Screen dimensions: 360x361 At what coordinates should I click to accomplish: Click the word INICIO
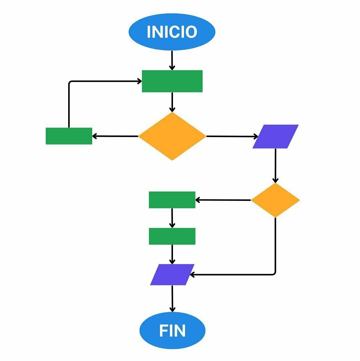pos(172,32)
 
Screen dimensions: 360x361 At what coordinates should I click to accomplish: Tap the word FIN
pos(172,331)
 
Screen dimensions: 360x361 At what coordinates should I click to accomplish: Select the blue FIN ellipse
pos(172,330)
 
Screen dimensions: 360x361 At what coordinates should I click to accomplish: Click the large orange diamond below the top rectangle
pos(172,136)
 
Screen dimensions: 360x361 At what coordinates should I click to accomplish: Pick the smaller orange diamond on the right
pos(276,200)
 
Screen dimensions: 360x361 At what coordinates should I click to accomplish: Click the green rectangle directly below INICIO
pos(172,81)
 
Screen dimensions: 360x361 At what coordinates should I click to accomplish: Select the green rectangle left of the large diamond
pos(69,136)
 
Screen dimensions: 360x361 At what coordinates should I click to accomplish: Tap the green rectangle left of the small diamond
pos(172,200)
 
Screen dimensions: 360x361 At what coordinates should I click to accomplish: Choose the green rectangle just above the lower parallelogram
pos(172,236)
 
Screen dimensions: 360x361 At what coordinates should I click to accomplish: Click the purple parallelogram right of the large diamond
pos(276,136)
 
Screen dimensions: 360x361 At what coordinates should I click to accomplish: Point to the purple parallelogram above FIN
pos(172,275)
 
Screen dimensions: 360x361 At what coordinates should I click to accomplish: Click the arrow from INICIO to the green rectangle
pos(172,60)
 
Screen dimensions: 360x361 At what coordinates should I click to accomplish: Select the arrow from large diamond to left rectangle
pos(115,136)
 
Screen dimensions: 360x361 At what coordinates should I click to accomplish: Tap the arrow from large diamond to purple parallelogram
pos(232,136)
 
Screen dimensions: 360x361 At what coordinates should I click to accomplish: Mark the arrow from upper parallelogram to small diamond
pos(276,166)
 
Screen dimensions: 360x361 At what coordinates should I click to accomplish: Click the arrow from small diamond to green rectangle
pos(223,200)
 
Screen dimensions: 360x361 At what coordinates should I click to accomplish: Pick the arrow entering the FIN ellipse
pos(172,298)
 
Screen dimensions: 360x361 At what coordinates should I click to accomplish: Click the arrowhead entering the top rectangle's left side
pos(140,81)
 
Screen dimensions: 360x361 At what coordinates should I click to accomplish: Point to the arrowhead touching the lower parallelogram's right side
pos(192,275)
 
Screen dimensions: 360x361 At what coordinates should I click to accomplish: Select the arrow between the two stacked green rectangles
pos(172,218)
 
